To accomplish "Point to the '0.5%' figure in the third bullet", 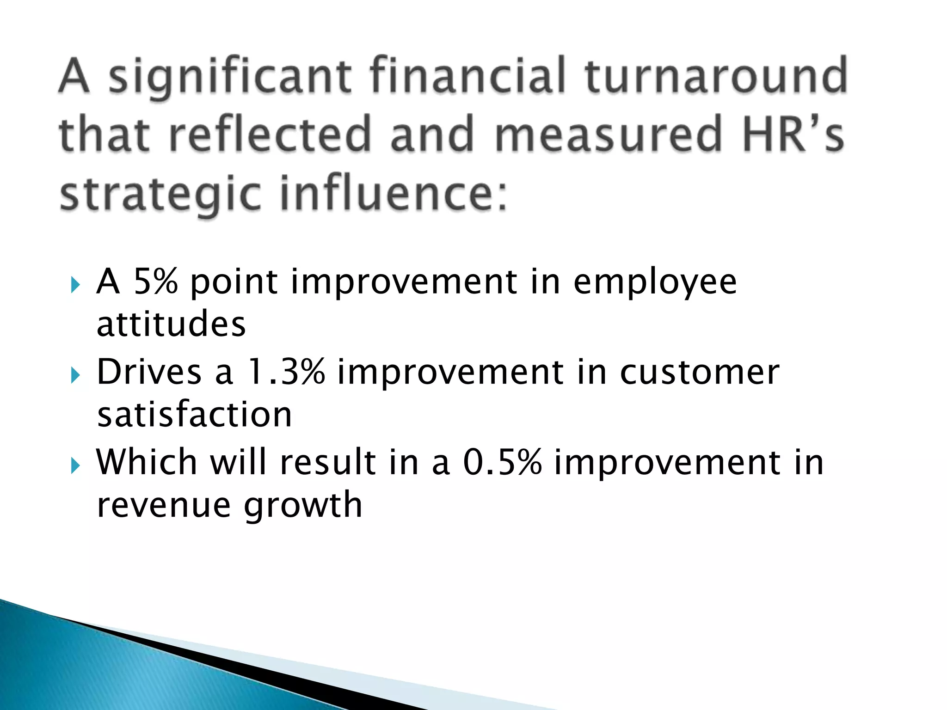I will (x=502, y=462).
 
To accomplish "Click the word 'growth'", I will (x=303, y=506).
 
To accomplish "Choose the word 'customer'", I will (x=699, y=373).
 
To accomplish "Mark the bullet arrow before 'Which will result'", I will (x=75, y=467).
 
